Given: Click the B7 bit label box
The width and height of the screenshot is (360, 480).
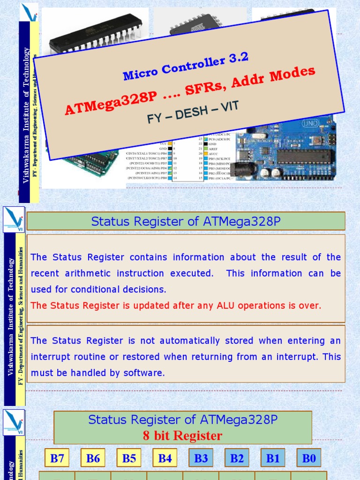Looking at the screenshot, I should [x=57, y=458].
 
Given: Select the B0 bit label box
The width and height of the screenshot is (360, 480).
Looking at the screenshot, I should [x=309, y=458].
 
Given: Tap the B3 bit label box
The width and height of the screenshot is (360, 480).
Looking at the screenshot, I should [x=201, y=458].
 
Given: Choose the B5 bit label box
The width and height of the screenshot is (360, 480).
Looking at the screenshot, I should [x=129, y=458].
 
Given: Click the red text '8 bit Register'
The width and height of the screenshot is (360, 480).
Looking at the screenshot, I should [x=182, y=436].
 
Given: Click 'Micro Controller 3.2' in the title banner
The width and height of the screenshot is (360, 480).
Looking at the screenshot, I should [x=185, y=67].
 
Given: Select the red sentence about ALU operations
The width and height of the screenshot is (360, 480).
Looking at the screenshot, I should [x=176, y=306].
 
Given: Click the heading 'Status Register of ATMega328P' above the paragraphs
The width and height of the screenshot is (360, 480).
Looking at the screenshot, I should [x=186, y=221].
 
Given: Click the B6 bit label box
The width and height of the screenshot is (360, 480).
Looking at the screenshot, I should [x=93, y=458].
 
